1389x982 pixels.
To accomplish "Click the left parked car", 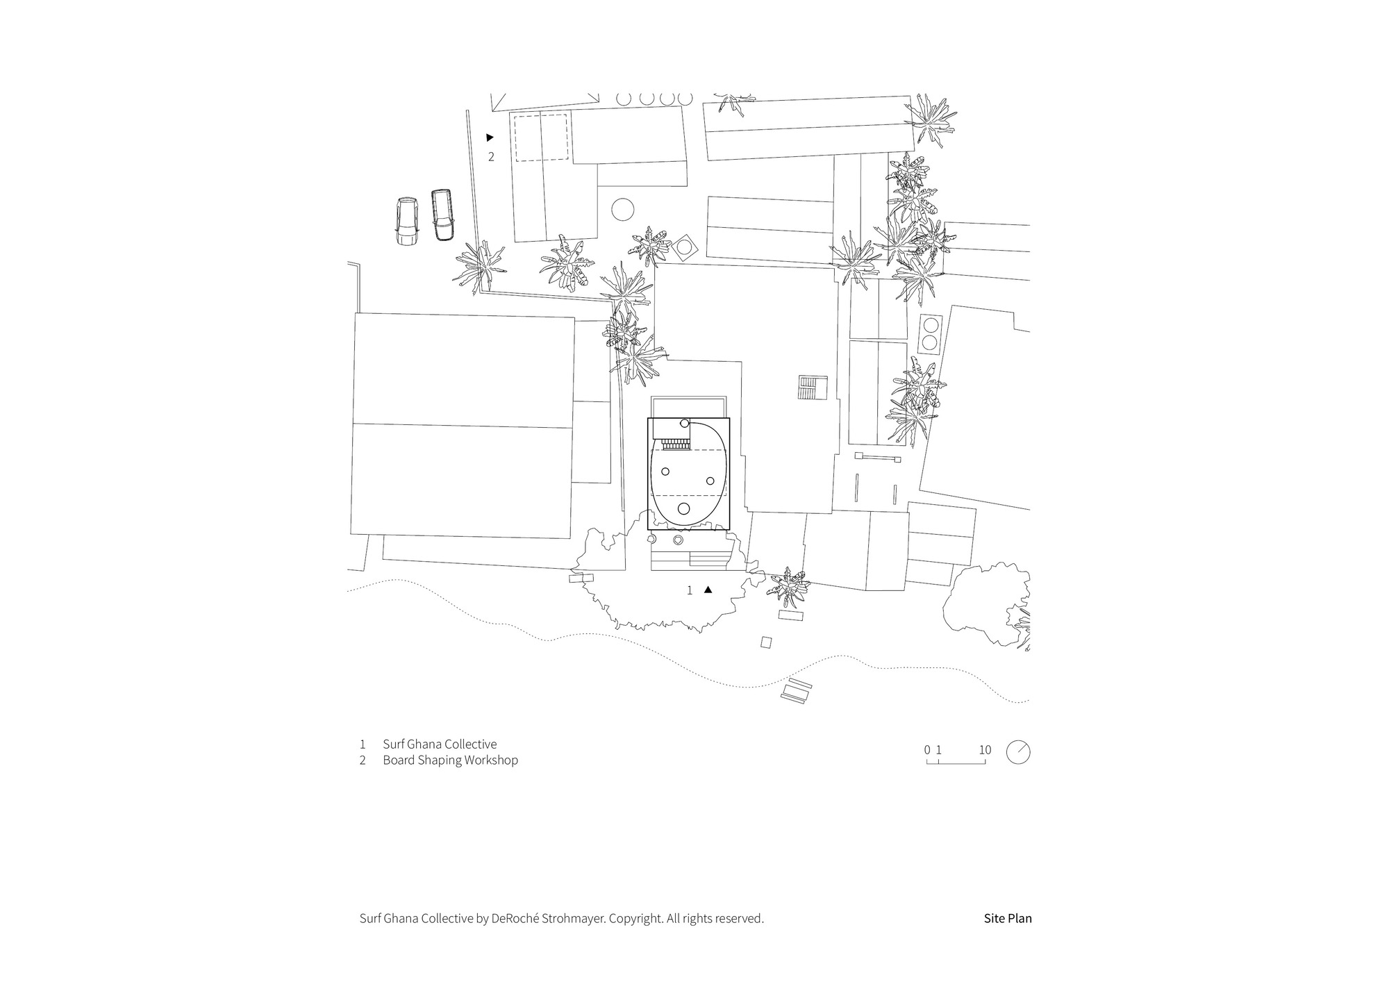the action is click(406, 222).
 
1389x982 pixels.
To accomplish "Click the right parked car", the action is click(441, 215).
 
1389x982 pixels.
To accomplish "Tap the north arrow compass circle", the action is click(1018, 753).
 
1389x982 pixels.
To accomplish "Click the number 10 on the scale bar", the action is click(985, 750).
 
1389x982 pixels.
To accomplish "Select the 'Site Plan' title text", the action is click(1008, 918).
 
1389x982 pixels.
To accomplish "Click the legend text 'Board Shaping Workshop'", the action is click(450, 760).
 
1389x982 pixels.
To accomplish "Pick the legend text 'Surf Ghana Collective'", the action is click(440, 744).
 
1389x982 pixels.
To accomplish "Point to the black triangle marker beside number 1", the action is click(708, 590).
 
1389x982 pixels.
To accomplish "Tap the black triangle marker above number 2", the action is click(490, 138).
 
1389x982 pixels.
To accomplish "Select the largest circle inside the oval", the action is click(683, 508).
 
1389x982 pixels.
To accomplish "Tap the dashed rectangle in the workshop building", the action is click(541, 138).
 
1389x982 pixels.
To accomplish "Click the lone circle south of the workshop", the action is click(623, 210).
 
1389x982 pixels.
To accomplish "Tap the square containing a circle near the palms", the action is click(685, 247).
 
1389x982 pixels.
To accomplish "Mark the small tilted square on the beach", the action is click(766, 642).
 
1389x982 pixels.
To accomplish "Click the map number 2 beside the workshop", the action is click(491, 157).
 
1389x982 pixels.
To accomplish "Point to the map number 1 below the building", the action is click(690, 590).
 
